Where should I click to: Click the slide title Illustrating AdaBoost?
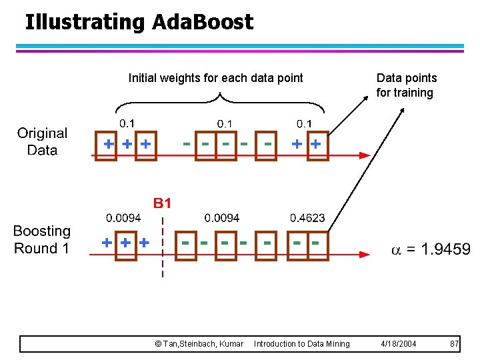(139, 22)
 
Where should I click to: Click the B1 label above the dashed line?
(163, 203)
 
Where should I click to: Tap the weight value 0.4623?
(307, 218)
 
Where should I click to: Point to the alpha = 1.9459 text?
(430, 249)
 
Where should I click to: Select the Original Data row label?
(42, 142)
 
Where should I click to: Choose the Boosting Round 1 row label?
(41, 240)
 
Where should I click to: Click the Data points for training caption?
(406, 85)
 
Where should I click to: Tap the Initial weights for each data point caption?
(215, 78)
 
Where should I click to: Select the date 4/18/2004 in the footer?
(399, 344)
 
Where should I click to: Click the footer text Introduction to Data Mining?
(301, 344)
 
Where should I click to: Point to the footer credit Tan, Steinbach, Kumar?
(199, 344)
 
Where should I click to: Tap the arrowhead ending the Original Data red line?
(365, 155)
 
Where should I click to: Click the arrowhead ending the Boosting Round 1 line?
(365, 254)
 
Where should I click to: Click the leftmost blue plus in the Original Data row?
(108, 143)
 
